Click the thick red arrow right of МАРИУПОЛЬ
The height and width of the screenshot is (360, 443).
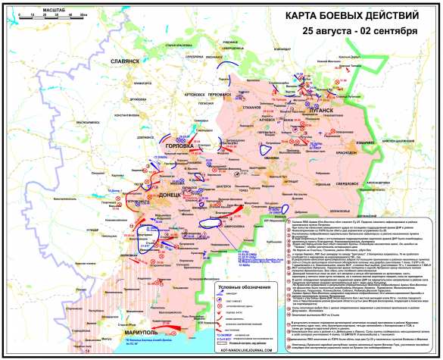pos(170,324)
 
